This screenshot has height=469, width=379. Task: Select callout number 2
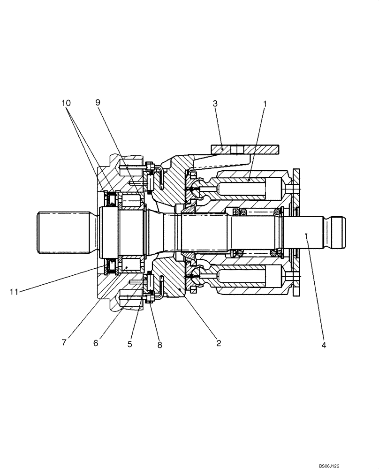[x=218, y=343]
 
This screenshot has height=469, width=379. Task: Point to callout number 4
[x=324, y=345]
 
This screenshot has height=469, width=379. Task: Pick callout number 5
[x=130, y=344]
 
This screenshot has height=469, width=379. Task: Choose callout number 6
[x=96, y=343]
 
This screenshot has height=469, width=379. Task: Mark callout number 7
[x=64, y=343]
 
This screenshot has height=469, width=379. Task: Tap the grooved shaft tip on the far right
[x=337, y=232]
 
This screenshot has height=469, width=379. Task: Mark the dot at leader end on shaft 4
[x=305, y=233]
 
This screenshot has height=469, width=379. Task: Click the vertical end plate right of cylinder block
[x=297, y=232]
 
